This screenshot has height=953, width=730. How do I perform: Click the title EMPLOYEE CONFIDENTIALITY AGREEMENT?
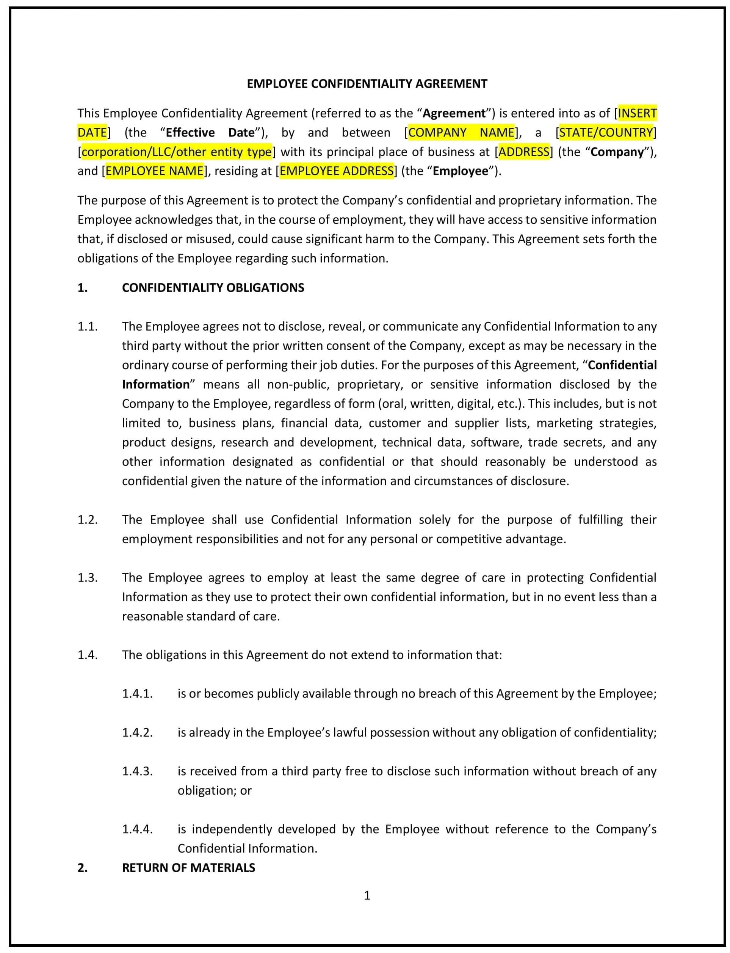click(367, 84)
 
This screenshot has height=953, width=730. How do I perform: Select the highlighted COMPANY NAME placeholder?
click(462, 133)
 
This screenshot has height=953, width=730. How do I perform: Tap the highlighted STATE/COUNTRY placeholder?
click(606, 133)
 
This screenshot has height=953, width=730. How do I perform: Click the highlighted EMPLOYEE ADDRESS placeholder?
click(336, 171)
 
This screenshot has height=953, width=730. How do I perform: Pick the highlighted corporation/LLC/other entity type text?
click(176, 152)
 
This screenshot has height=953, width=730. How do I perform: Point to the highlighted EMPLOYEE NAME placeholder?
click(155, 171)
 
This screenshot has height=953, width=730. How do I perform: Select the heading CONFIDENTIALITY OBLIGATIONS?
click(213, 288)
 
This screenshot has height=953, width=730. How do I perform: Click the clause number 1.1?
click(87, 326)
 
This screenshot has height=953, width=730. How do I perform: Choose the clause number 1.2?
click(87, 520)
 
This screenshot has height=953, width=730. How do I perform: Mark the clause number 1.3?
click(87, 578)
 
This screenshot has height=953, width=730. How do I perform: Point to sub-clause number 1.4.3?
click(137, 771)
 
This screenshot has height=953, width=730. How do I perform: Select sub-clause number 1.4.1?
click(137, 694)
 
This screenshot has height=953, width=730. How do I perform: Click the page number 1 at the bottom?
click(367, 896)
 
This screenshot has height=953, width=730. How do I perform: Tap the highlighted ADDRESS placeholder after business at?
click(523, 152)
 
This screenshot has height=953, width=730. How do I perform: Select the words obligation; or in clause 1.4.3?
click(215, 790)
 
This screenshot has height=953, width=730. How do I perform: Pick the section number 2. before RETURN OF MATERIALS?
click(83, 868)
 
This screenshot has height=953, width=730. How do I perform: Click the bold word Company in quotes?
click(617, 152)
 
